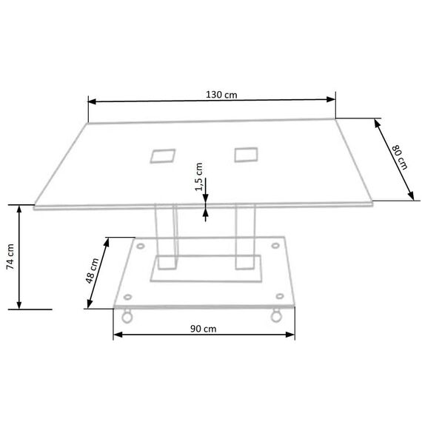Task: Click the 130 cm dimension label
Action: coord(221,95)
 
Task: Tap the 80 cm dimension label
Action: coord(400,157)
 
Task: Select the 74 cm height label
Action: coord(10,256)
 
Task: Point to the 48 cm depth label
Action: coord(92,270)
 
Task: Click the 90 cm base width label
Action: coord(203,329)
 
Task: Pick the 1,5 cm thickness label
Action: coord(198,177)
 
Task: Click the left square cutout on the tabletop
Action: coord(163,155)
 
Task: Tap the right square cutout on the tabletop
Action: coord(246,155)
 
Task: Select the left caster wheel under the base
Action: coord(127,316)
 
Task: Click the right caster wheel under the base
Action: coord(276,315)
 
